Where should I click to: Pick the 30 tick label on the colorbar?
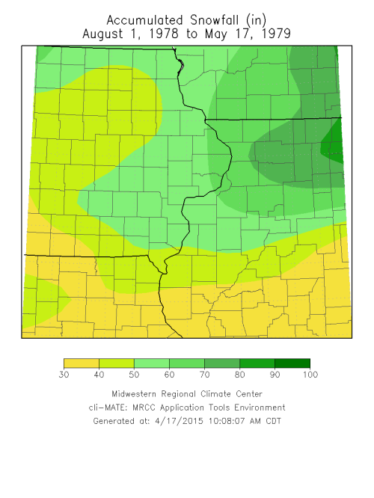[64, 375]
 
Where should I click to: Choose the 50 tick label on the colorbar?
[134, 375]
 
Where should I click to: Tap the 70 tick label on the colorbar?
[204, 375]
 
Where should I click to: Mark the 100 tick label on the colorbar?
[309, 375]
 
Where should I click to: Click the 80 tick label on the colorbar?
[239, 375]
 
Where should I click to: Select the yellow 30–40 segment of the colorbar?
[81, 363]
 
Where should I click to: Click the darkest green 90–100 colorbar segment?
[292, 363]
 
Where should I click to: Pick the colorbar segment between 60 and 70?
[186, 363]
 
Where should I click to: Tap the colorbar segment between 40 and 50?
[116, 363]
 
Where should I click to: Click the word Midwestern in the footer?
[138, 394]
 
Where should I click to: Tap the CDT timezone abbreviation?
[271, 421]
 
